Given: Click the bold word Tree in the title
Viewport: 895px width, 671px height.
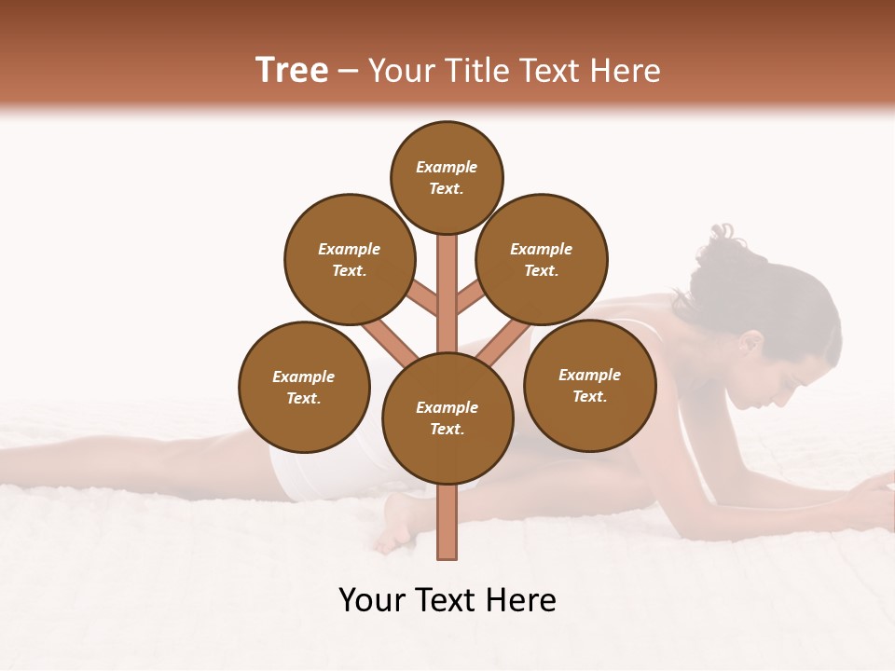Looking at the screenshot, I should (x=292, y=71).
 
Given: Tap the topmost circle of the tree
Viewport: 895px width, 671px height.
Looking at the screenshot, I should (x=447, y=177).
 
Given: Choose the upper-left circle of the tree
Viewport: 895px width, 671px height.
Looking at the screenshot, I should (x=350, y=259).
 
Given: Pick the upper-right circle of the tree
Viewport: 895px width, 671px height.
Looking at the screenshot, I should (x=542, y=259).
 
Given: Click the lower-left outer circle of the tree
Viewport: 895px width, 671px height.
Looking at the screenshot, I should (x=304, y=387).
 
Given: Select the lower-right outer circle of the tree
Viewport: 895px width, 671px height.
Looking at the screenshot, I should (x=590, y=385).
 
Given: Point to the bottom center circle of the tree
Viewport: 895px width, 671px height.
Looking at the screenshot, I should (x=447, y=418).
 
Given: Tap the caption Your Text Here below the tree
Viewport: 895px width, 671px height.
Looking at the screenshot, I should (x=447, y=600).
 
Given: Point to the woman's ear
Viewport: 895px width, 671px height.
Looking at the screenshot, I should (x=750, y=345).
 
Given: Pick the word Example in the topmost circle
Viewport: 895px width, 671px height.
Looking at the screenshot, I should (x=447, y=167).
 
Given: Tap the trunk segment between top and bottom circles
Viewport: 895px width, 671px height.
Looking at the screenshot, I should (x=447, y=294).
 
